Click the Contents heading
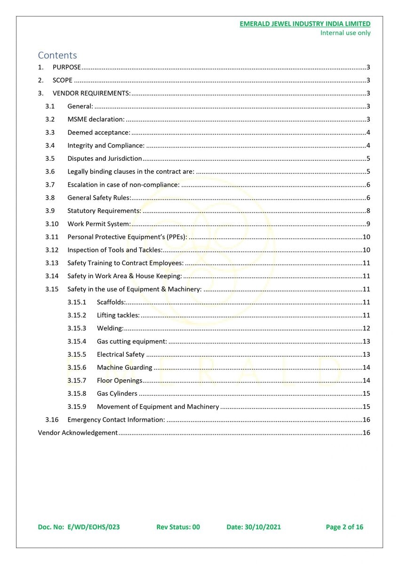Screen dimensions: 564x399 (x=57, y=55)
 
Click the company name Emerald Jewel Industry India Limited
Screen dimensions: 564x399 (x=304, y=23)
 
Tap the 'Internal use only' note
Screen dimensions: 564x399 (x=345, y=33)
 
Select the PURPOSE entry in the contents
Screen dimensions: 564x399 (x=67, y=67)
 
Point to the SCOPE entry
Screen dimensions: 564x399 (x=63, y=80)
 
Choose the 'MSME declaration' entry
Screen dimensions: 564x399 (x=96, y=119)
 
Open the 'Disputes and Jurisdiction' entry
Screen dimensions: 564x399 (x=104, y=158)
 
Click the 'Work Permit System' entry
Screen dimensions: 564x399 (x=99, y=224)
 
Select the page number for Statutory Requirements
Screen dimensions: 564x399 (x=368, y=211)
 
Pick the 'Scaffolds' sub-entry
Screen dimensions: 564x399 (x=111, y=302)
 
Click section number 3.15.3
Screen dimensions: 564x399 (x=77, y=328)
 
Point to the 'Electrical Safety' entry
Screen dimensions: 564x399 (x=120, y=354)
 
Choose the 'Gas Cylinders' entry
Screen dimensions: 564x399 (x=117, y=393)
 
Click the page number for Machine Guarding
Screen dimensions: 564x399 (x=367, y=368)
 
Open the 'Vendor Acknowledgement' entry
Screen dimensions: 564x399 (x=78, y=432)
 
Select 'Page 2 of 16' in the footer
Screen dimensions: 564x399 (x=344, y=527)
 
